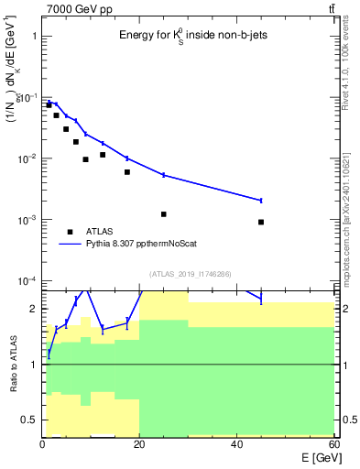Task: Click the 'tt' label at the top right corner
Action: pyautogui.click(x=331, y=8)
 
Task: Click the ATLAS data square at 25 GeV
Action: pyautogui.click(x=164, y=214)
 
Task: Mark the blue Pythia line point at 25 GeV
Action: pyautogui.click(x=164, y=174)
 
